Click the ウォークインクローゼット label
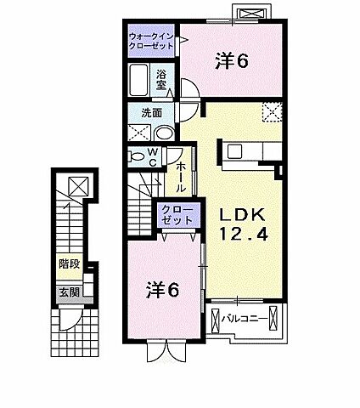pos(151,42)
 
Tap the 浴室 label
pos(161,80)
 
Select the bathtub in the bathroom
pos(139,80)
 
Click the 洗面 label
pos(152,113)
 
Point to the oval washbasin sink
pos(165,133)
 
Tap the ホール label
pos(181,178)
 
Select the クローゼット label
pos(177,215)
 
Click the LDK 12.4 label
pos(244,224)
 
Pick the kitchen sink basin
pos(235,151)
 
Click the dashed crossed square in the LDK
pos(272,112)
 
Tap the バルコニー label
pos(245,319)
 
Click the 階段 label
pos(70,264)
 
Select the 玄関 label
pos(70,292)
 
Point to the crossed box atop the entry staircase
pos(78,186)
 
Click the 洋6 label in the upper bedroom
pos(232,61)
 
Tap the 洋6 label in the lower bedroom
pos(162,290)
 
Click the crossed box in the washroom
pos(139,132)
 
